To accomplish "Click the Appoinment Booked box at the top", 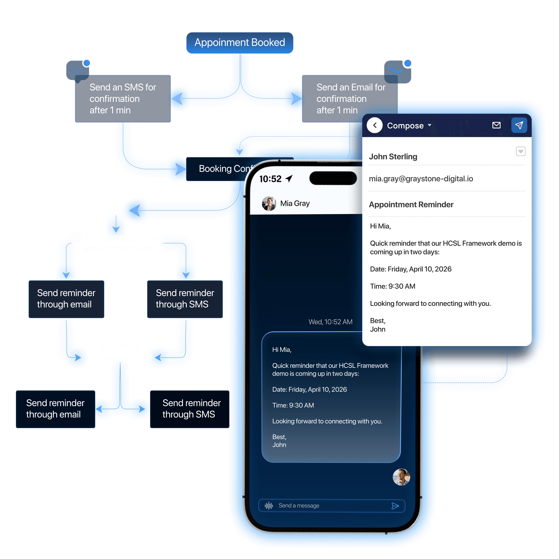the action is (x=240, y=43).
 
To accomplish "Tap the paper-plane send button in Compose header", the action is (x=519, y=125).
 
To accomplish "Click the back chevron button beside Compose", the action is (x=375, y=125).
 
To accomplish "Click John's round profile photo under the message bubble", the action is (x=401, y=477).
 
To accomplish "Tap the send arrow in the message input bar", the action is (x=395, y=506).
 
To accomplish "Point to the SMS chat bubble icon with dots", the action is (x=78, y=71).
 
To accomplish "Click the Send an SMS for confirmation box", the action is (x=123, y=99).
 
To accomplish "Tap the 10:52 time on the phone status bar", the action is (x=270, y=179).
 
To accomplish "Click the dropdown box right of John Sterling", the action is (x=520, y=151).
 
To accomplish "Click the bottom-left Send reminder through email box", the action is (x=55, y=409).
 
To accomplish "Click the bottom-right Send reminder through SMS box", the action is (x=190, y=409).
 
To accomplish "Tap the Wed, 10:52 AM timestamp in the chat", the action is (x=330, y=322).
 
